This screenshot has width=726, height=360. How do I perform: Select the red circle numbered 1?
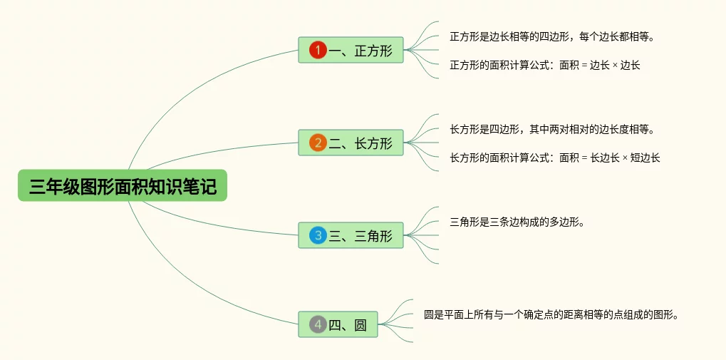(x=318, y=50)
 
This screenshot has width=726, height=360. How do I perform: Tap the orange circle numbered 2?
(x=318, y=143)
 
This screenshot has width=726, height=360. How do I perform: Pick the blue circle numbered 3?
(x=318, y=235)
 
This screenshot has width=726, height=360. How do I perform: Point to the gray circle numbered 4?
(x=318, y=325)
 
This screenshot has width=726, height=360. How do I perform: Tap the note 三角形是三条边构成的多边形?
(x=517, y=222)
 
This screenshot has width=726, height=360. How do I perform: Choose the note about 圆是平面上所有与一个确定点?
(x=550, y=314)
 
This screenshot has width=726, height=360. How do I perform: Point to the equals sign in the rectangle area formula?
(x=584, y=158)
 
